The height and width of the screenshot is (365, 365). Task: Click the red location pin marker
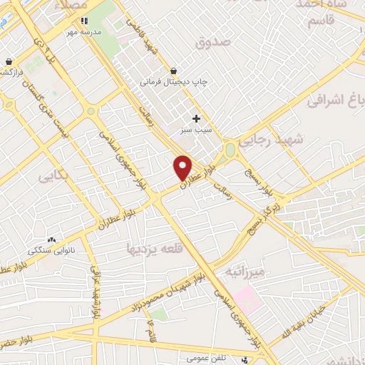[183, 167]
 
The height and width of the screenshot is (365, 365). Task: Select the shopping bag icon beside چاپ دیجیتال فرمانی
[174, 70]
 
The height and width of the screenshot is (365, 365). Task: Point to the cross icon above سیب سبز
[197, 118]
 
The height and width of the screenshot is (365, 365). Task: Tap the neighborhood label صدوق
[214, 42]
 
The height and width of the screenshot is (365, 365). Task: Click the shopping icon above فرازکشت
[9, 61]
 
